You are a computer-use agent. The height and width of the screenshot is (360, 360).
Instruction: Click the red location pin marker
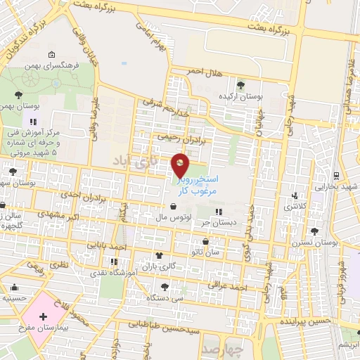pos(181,165)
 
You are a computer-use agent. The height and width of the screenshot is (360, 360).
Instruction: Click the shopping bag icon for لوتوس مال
pos(173,207)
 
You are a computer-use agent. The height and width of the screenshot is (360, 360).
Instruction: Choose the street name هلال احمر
pos(205,72)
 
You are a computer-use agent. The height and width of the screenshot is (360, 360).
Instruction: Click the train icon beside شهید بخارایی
pos(337,176)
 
